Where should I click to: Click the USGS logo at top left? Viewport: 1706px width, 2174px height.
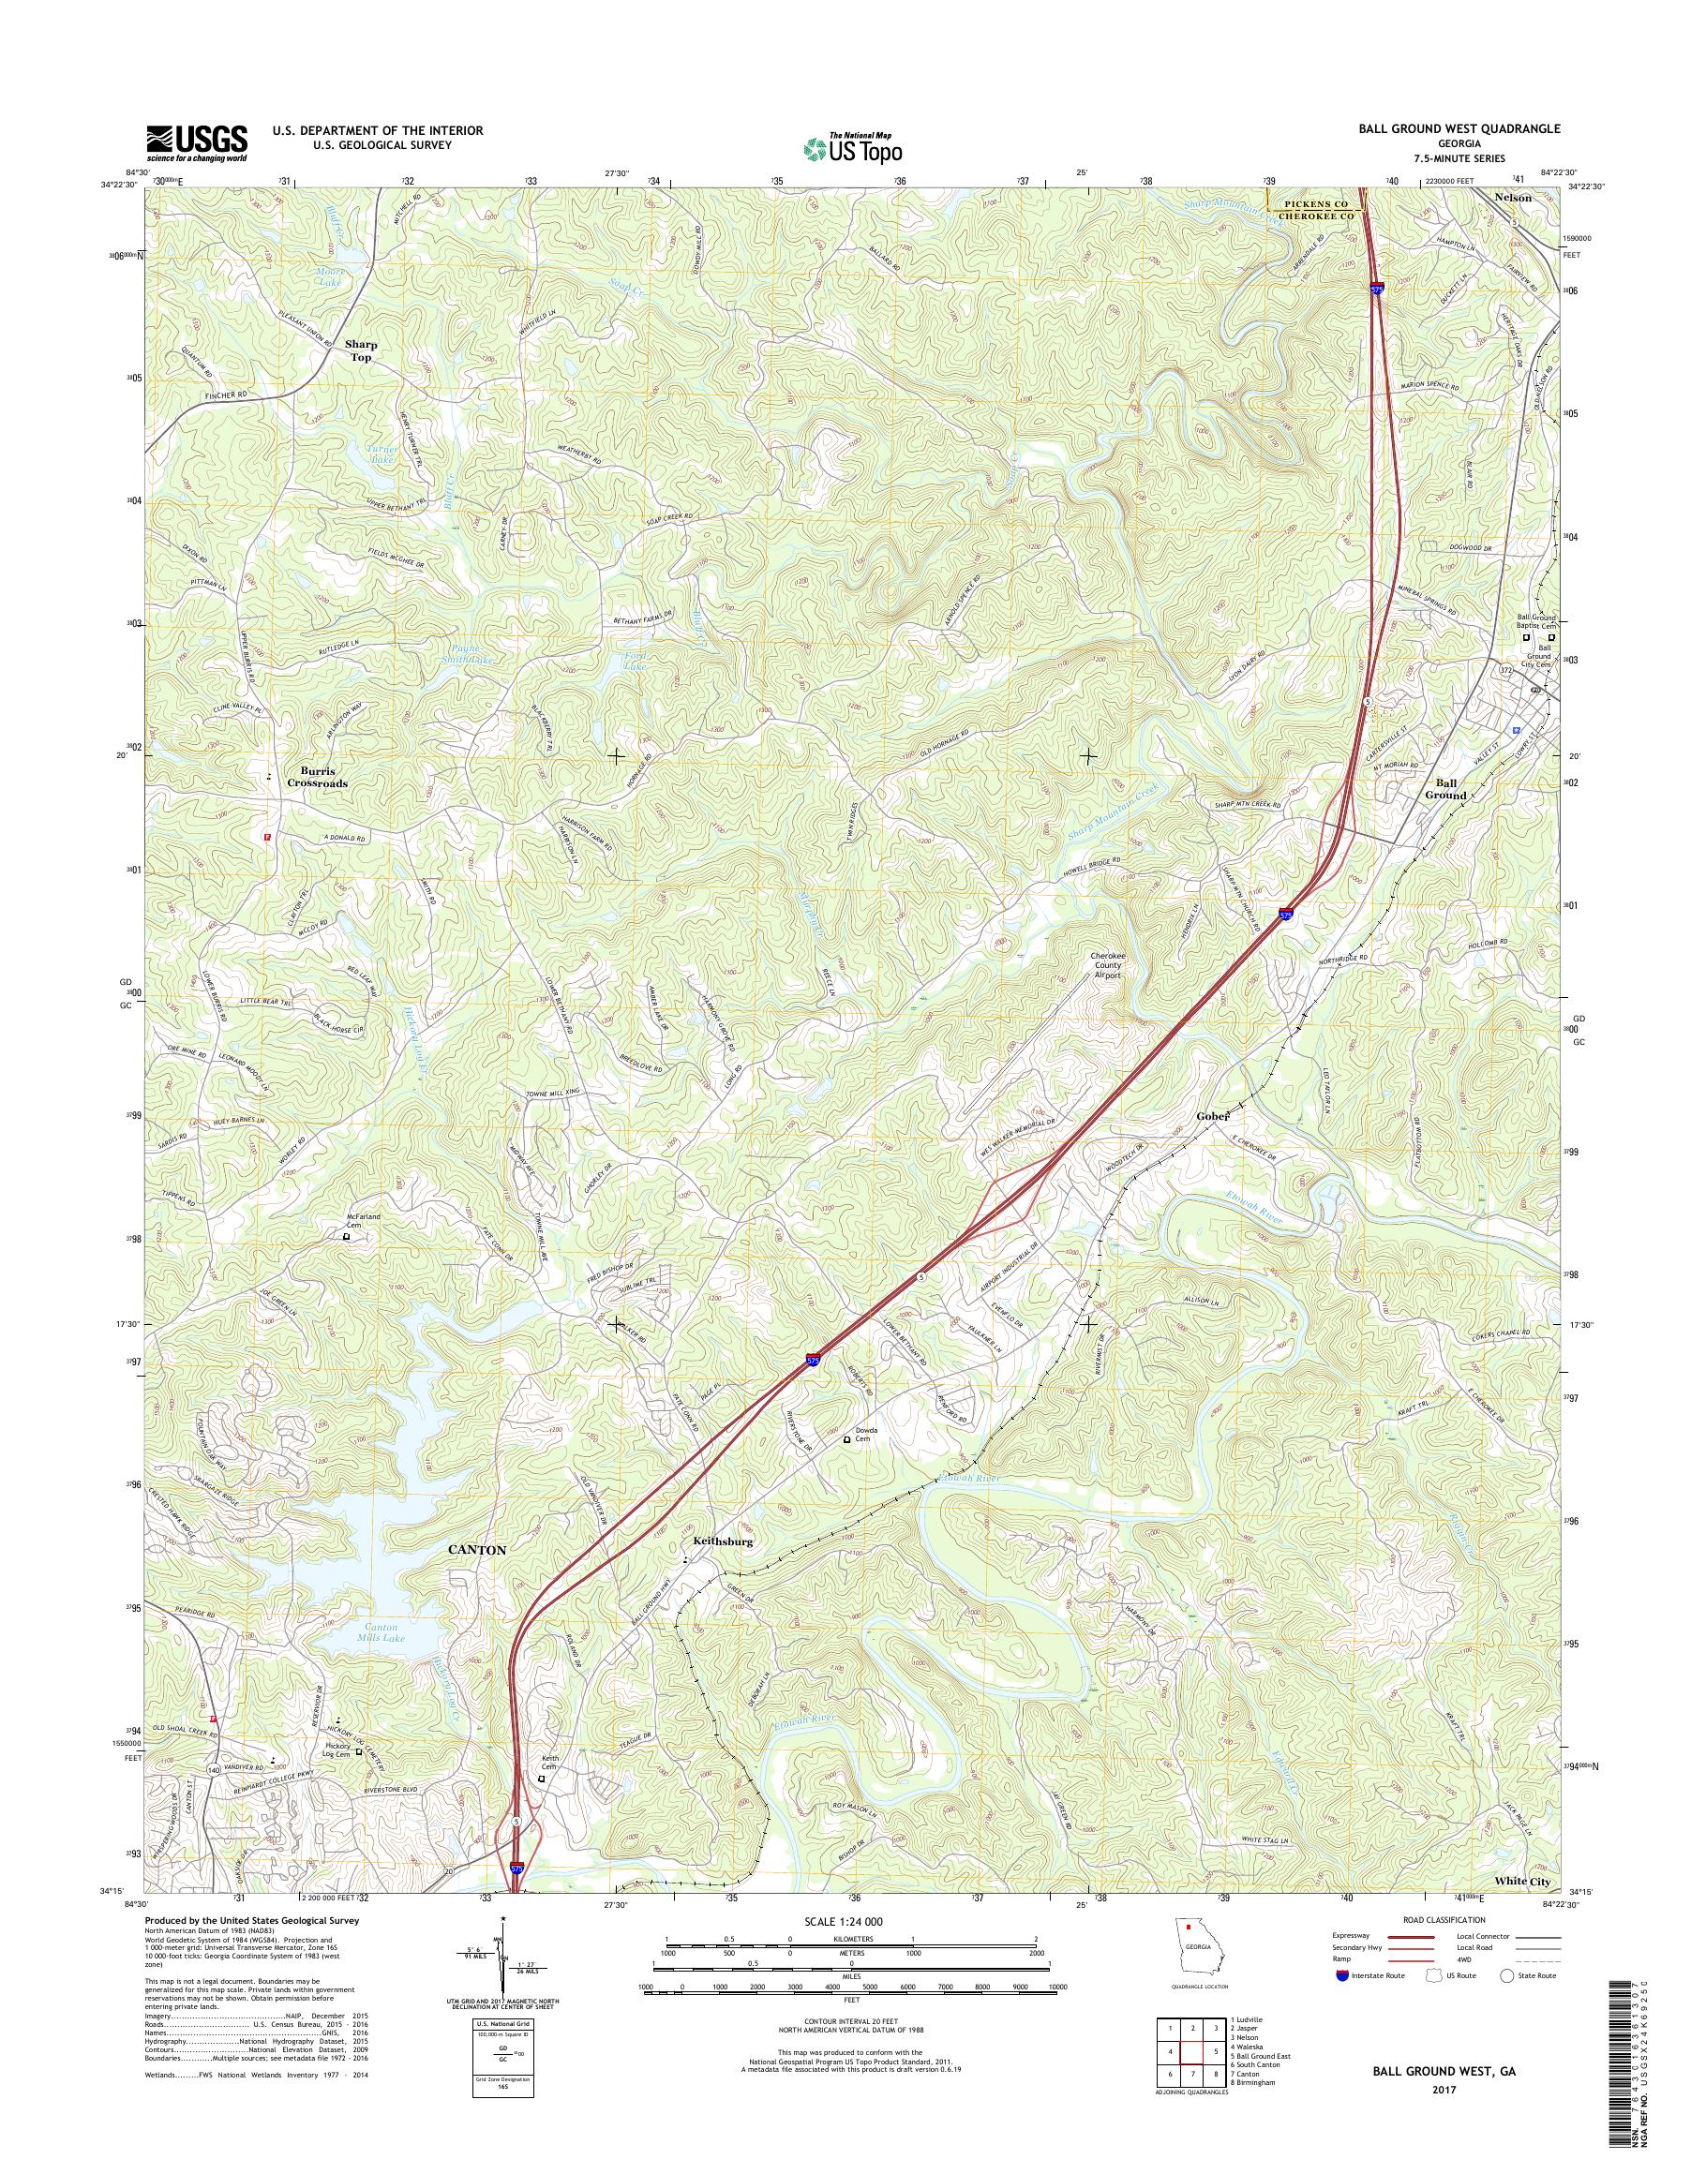point(197,142)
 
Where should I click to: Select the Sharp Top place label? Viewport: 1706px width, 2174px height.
point(361,350)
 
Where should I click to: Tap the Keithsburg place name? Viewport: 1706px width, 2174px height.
point(721,1570)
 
